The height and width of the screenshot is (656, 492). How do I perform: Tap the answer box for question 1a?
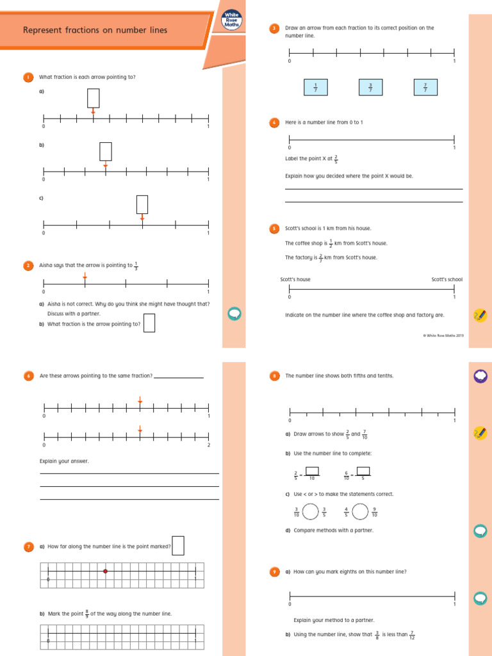(94, 98)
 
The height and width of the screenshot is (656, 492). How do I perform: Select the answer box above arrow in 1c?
(142, 204)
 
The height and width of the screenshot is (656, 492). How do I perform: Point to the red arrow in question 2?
(85, 277)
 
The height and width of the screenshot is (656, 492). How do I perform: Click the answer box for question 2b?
(149, 323)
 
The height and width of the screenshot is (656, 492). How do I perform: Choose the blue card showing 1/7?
(316, 88)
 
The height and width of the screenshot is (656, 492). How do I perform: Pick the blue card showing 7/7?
(425, 88)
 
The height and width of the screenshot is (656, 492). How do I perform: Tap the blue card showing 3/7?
(370, 88)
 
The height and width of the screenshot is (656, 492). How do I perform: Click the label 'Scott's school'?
(447, 279)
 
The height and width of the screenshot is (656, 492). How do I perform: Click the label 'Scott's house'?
(295, 279)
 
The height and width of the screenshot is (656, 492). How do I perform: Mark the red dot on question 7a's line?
(106, 571)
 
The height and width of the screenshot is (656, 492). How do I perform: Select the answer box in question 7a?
(178, 545)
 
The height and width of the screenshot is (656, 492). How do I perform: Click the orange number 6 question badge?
(28, 376)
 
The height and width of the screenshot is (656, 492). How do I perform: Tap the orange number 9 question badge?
(274, 571)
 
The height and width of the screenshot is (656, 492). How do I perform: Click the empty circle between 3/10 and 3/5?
(311, 512)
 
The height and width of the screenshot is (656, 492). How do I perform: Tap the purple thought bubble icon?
(480, 376)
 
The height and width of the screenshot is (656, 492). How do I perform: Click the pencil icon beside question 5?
(479, 315)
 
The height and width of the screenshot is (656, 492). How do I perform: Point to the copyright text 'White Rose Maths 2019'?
(444, 334)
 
